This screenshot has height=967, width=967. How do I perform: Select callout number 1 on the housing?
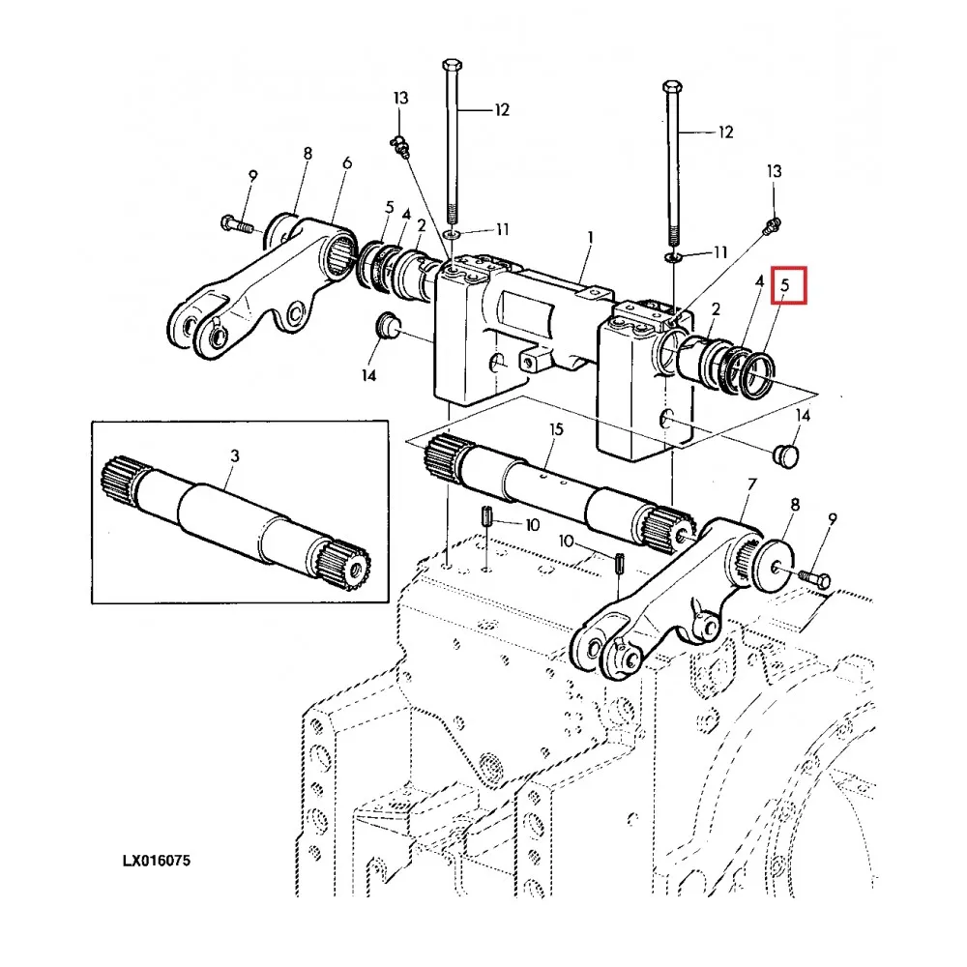click(591, 237)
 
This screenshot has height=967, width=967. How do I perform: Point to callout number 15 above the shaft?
click(556, 428)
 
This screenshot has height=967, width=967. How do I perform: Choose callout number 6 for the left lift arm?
click(346, 163)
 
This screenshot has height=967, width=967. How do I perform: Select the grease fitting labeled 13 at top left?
click(401, 146)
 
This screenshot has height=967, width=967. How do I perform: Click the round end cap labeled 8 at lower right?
click(775, 560)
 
